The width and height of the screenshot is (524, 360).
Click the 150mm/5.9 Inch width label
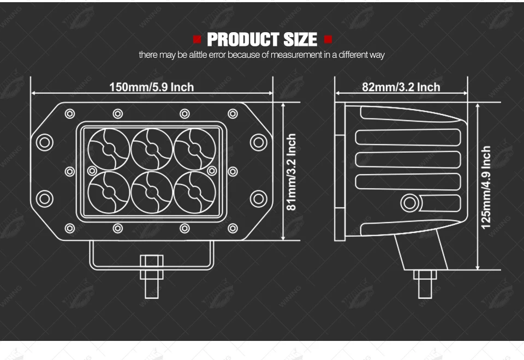pyautogui.click(x=151, y=87)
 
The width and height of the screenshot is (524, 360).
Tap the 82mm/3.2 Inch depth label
pyautogui.click(x=401, y=87)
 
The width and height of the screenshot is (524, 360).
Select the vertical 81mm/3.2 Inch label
pyautogui.click(x=291, y=172)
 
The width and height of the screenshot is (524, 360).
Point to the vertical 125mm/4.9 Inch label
pyautogui.click(x=486, y=187)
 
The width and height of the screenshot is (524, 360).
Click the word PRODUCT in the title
pyautogui.click(x=243, y=39)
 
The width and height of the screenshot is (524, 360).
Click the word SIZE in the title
pyautogui.click(x=300, y=39)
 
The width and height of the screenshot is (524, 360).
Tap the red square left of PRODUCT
pyautogui.click(x=197, y=40)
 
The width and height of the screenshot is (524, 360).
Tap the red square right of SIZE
pyautogui.click(x=328, y=40)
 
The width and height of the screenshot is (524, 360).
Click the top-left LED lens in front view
pyautogui.click(x=109, y=149)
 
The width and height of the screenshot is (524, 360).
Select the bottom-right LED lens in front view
pyautogui.click(x=195, y=193)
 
